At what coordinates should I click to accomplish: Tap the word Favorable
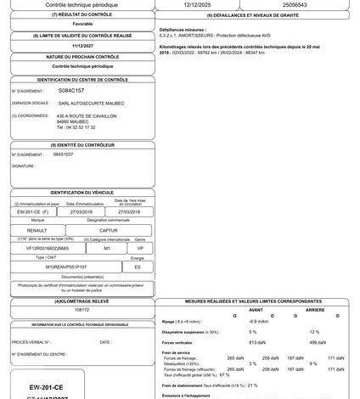82,25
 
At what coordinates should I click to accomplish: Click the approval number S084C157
71,88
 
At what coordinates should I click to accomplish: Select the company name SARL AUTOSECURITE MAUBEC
93,102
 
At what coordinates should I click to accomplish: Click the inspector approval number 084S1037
63,155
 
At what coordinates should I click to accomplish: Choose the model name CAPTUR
108,229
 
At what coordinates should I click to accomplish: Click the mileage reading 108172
82,311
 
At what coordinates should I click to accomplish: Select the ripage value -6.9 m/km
259,321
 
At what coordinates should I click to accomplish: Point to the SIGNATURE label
24,166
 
